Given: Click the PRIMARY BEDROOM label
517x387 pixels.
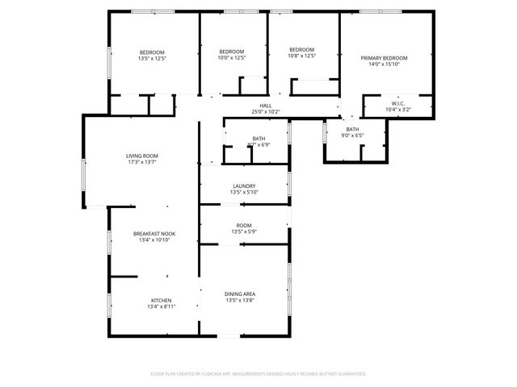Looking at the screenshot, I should coord(384,58).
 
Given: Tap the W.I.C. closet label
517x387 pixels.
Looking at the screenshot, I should coord(397,103).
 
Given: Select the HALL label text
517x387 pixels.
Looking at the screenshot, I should coord(265,106).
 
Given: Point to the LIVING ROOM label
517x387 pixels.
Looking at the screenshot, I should coord(141,156).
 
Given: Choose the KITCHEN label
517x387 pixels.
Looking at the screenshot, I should coord(161,300).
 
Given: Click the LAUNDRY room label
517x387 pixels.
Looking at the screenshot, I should coord(244,185).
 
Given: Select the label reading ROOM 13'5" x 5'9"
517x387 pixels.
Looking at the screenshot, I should coord(243,229).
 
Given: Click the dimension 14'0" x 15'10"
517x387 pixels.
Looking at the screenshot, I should coord(384,64).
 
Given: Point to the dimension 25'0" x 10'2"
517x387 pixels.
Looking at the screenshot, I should coord(265,112).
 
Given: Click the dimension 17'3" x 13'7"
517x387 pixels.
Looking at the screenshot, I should coord(141,162).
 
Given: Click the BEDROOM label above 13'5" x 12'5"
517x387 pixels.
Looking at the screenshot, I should coord(152,52).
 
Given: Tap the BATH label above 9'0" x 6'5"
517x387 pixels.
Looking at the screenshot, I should coord(353,129).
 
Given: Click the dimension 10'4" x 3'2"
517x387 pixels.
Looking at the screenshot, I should coord(397,110).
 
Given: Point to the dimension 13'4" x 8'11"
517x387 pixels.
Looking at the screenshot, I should coord(161,306).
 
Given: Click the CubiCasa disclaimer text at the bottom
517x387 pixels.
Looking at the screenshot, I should coord(258,374).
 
